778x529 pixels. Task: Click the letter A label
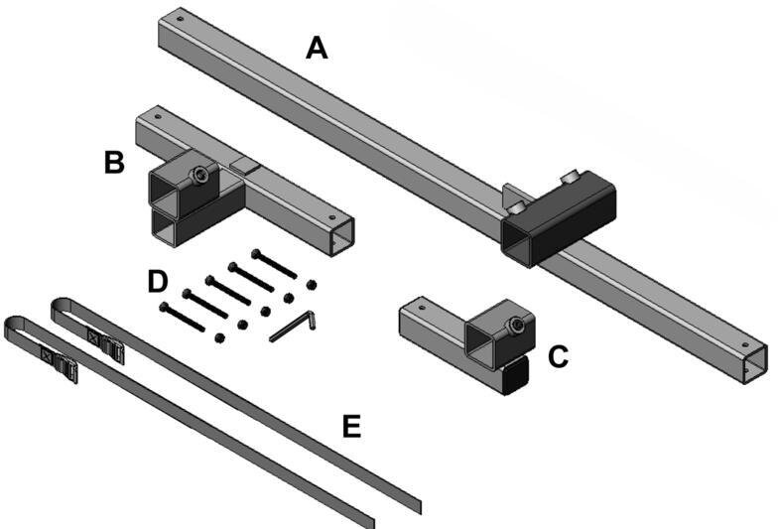316,46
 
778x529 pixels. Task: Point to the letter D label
157,281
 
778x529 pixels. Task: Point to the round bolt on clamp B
201,177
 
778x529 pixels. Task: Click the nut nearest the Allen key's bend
312,284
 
